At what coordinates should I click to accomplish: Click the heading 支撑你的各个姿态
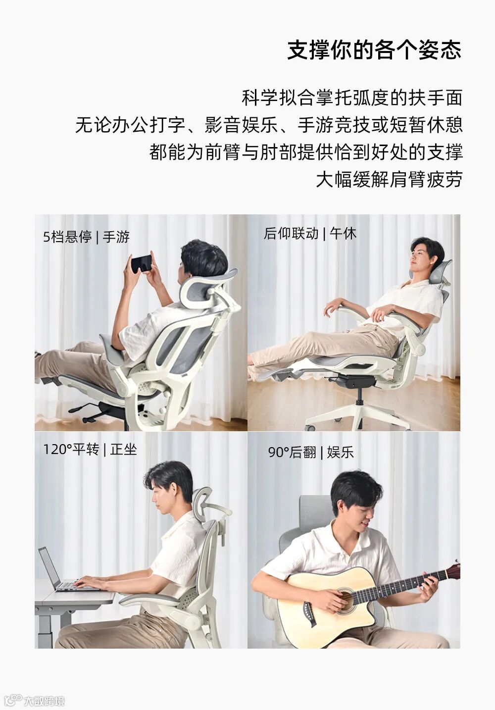374,50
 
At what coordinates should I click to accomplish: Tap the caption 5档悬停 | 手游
86,237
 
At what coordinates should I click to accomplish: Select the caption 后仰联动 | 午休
310,234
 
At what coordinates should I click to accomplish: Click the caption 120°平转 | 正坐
90,450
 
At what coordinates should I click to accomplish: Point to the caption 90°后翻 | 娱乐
311,452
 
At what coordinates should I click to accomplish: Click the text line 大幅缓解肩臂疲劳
389,179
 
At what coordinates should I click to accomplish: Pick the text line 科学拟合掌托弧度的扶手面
352,98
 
